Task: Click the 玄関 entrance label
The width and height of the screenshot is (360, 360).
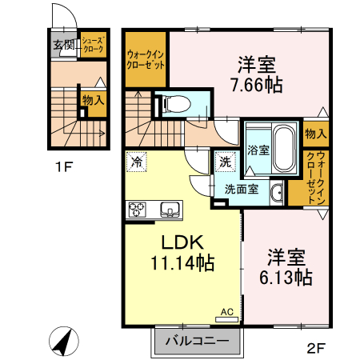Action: [x=63, y=44]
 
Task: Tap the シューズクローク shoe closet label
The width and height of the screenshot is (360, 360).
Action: [x=94, y=44]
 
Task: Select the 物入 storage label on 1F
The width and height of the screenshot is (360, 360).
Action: [x=93, y=100]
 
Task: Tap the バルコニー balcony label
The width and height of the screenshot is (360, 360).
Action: [x=198, y=342]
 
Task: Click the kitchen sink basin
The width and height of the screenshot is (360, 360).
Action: [x=170, y=210]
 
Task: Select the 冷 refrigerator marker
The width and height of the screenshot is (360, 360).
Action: [x=137, y=162]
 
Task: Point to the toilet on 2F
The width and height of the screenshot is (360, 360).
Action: [x=178, y=102]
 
